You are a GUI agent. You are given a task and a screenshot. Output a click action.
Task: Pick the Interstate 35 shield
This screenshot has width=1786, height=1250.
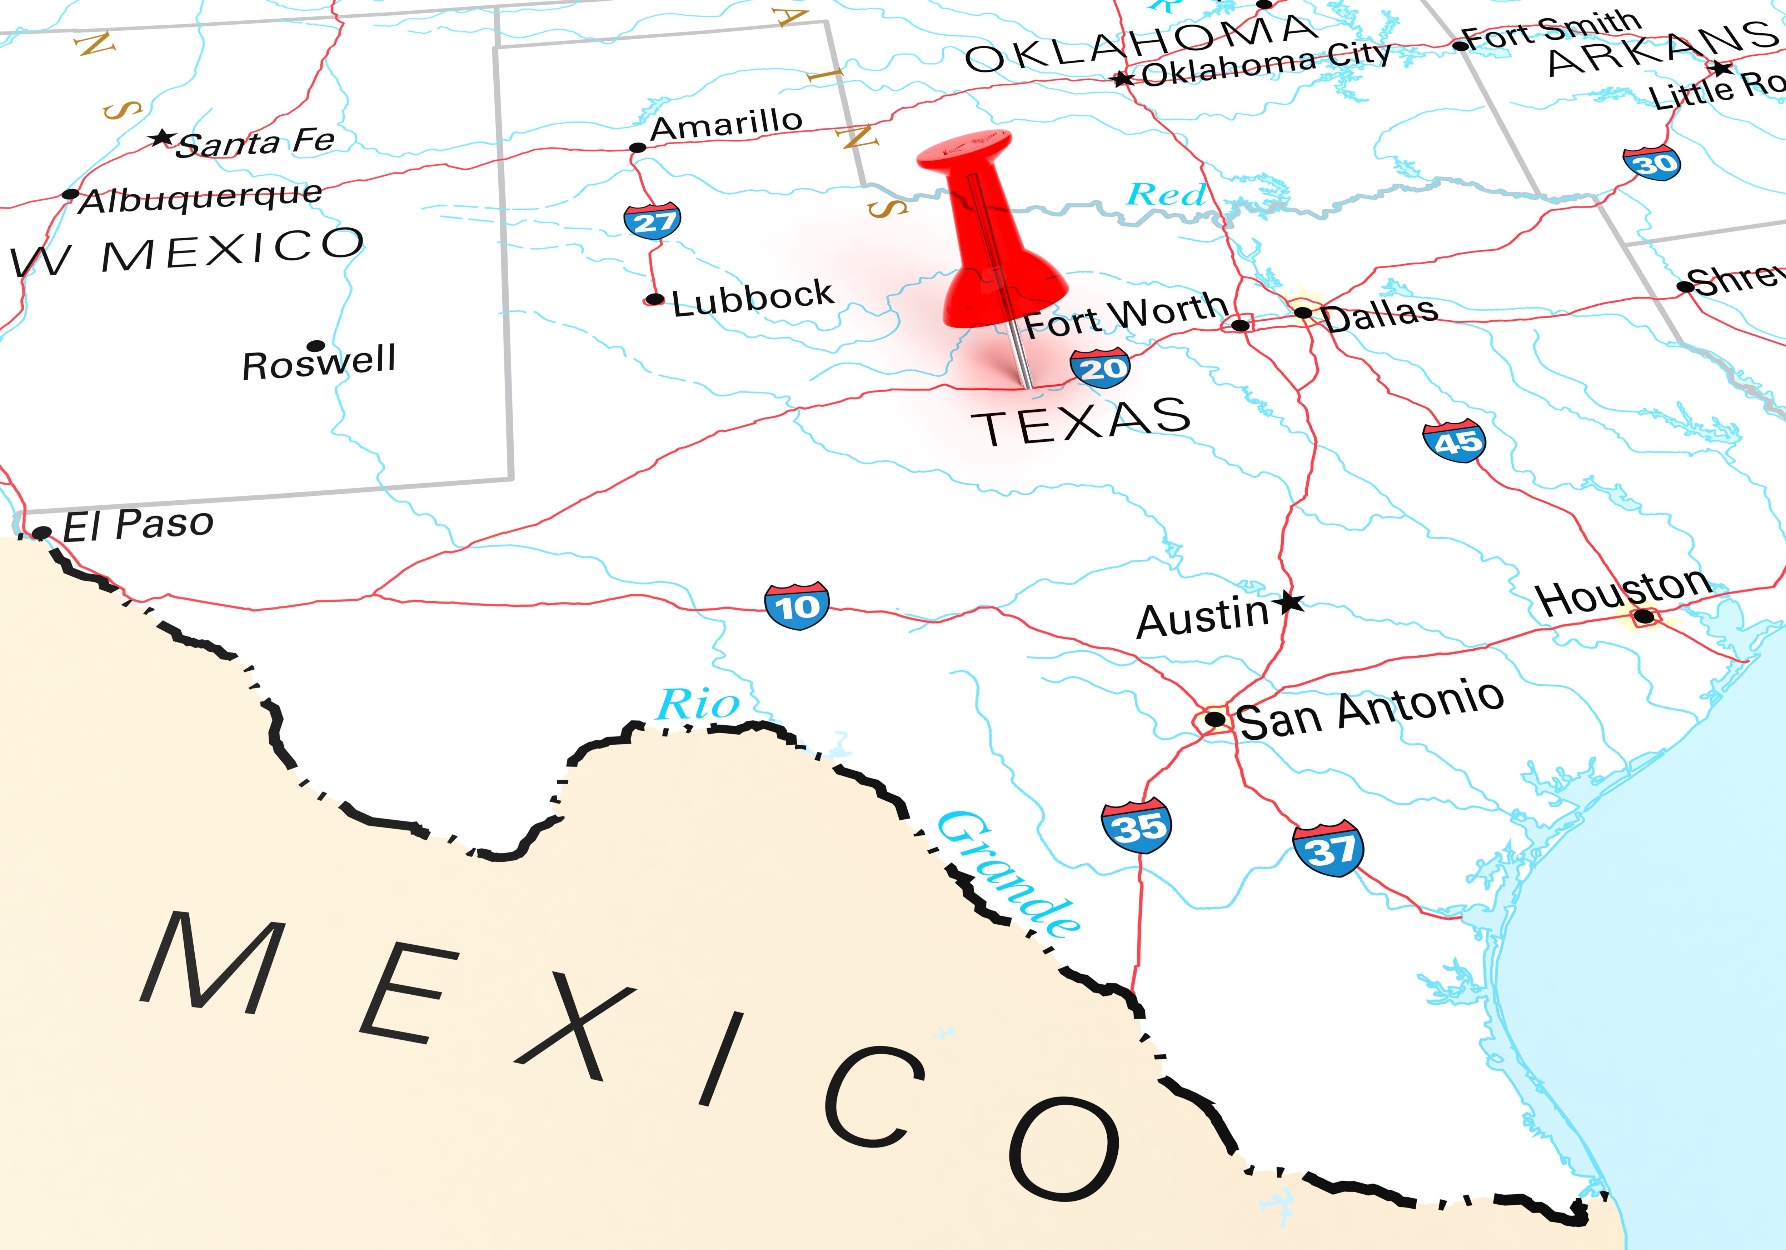coord(1137,825)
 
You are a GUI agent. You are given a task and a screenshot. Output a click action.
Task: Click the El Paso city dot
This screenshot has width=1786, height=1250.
coord(42,533)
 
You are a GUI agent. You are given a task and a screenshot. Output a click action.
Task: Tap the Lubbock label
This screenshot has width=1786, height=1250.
coord(752,298)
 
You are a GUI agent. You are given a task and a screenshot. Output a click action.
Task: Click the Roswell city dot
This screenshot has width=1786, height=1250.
coord(316,345)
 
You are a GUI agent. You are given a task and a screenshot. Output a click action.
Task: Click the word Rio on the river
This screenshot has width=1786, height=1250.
coord(698,705)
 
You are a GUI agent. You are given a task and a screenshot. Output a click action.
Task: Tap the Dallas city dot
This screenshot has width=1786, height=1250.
coord(1303,313)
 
